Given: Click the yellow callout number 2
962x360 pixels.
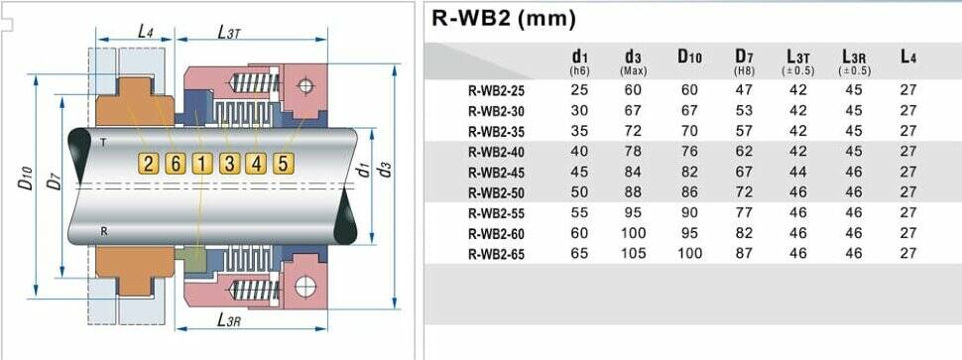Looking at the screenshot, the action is (149, 163).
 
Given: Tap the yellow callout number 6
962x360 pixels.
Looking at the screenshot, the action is (176, 163).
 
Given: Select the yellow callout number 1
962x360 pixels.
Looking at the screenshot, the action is (202, 163).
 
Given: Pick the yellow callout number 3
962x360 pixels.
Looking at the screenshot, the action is (229, 163).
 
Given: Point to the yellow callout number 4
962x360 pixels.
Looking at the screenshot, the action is (256, 163).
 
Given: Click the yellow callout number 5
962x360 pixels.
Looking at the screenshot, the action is (283, 163).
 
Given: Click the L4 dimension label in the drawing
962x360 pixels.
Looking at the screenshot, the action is (145, 32).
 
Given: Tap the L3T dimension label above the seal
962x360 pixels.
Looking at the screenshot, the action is (228, 32).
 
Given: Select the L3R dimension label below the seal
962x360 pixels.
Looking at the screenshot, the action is (228, 319).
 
